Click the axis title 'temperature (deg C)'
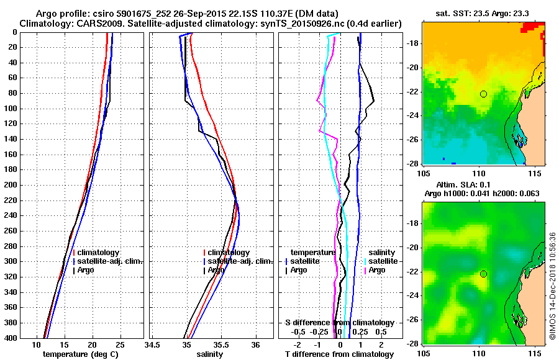pos(80,354)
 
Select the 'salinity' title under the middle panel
pos(211,354)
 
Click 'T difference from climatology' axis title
pos(339,354)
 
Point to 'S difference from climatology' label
pos(339,323)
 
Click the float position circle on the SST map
pos(483,94)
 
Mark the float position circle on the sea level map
pos(483,274)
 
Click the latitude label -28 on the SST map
pos(414,163)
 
